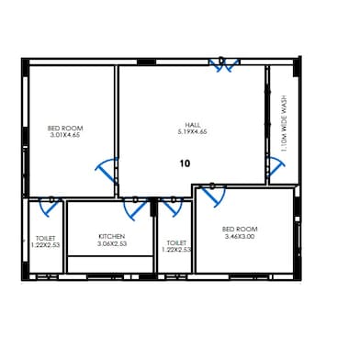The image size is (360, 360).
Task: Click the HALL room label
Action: point(193,125)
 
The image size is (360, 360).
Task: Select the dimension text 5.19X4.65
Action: point(193,132)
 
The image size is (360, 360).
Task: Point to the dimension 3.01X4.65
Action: point(65,136)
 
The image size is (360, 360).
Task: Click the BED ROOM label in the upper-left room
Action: point(65,129)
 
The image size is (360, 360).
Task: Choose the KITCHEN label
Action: point(111,236)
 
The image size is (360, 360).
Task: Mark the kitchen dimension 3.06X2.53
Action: point(111,243)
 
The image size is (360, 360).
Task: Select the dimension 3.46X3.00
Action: point(240,236)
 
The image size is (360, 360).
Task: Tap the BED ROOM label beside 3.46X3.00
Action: point(240,229)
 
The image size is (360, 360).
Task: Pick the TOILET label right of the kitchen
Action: point(175,243)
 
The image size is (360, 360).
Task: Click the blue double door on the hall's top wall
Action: point(223,64)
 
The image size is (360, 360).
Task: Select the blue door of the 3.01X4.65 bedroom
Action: point(107,170)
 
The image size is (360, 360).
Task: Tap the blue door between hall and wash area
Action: point(275,170)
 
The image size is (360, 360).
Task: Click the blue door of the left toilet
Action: point(52,204)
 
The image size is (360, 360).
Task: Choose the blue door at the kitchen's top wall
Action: point(135,202)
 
